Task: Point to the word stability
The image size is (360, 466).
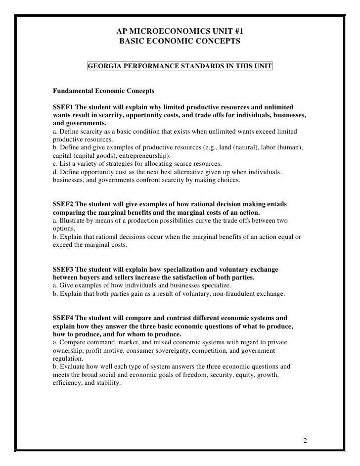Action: (105, 382)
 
